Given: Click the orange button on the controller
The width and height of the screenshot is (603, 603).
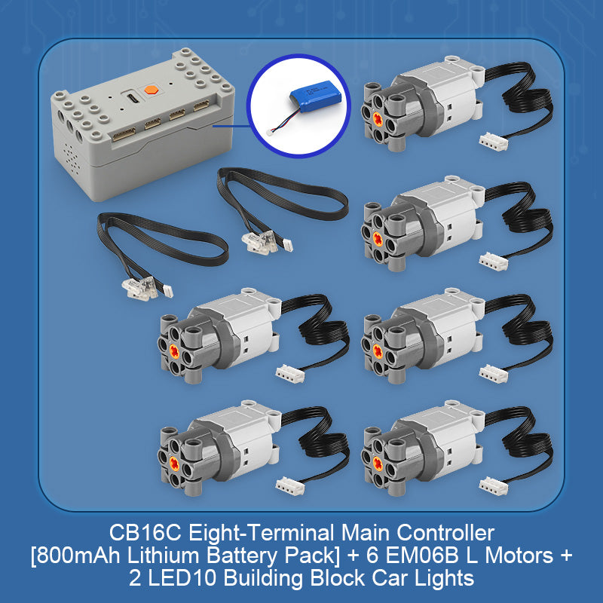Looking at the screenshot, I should [x=154, y=88].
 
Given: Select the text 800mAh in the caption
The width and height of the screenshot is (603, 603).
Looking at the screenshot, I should [x=73, y=557].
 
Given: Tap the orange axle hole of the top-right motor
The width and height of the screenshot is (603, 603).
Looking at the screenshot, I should [x=377, y=115].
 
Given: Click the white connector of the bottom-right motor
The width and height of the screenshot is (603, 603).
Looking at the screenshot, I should [x=493, y=482].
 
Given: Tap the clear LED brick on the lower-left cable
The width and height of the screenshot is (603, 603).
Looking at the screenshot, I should [x=133, y=286].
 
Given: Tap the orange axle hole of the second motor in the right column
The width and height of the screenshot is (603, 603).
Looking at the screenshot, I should [x=377, y=237].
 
